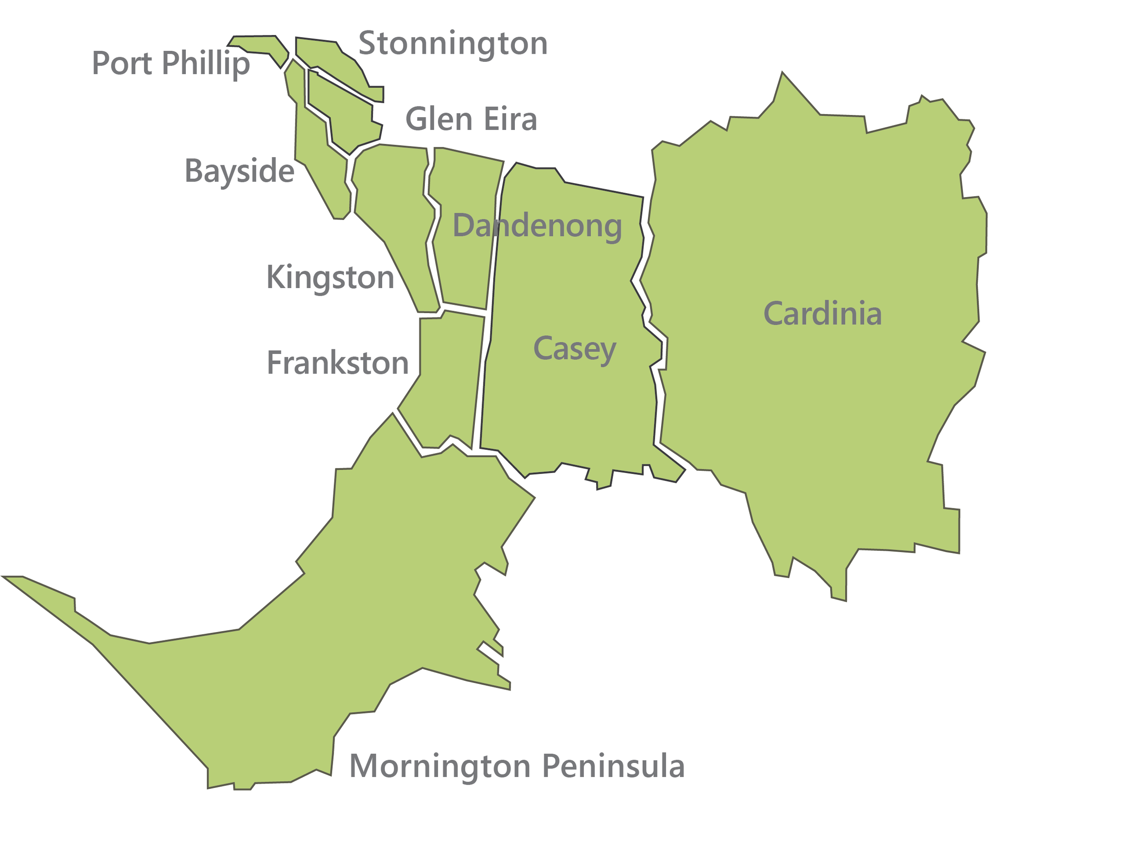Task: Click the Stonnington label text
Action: (x=453, y=44)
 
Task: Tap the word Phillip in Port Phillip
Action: (x=206, y=64)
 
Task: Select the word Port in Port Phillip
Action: (x=121, y=64)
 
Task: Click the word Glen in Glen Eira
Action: (x=438, y=119)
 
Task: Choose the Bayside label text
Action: (x=239, y=171)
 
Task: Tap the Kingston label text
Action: (x=330, y=278)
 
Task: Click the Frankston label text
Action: (x=338, y=363)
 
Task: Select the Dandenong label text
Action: (x=537, y=226)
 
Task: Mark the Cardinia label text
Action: (x=822, y=314)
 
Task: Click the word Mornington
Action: (x=439, y=766)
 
